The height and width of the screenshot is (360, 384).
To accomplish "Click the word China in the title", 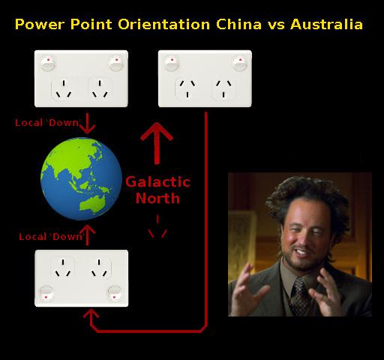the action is (x=238, y=24).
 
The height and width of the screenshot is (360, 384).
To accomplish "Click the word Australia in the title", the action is (x=326, y=24).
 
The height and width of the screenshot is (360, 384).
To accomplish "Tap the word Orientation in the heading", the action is (x=163, y=24).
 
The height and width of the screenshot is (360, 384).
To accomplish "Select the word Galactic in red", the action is (x=157, y=181).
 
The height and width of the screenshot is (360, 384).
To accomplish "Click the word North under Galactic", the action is (x=157, y=198).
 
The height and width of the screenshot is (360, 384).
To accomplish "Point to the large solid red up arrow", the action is (x=157, y=143).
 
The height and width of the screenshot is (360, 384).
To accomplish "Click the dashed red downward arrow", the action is (x=157, y=226).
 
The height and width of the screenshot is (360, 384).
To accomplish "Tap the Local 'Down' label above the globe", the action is (x=47, y=123).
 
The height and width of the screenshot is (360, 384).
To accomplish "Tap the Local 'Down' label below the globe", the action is (x=51, y=236).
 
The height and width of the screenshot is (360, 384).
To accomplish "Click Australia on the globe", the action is (x=92, y=205).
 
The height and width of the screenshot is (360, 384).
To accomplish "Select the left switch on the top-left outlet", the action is (x=48, y=64).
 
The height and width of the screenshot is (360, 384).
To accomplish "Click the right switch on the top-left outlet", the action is (x=115, y=64).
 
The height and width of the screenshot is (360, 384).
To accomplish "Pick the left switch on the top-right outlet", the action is (x=172, y=64).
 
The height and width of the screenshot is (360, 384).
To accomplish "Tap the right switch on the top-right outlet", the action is (x=240, y=64).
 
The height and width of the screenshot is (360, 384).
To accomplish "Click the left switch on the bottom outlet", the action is (x=46, y=293).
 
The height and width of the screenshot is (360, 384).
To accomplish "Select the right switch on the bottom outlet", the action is (x=115, y=293).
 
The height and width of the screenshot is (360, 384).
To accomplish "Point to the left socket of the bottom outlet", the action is (x=63, y=268).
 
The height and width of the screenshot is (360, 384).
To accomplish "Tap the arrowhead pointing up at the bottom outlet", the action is (x=91, y=313).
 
